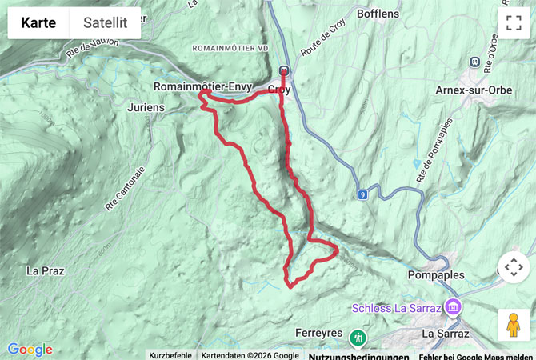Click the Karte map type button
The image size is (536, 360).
pos(38,23)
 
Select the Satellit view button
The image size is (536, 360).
pos(106,23)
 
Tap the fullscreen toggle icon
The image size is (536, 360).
pos(513,23)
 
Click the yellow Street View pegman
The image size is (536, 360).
pos(513,324)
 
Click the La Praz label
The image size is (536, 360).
pos(45,270)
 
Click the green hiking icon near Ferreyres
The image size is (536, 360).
pos(357,334)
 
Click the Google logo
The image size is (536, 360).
pos(30,349)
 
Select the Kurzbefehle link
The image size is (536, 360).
pos(170,355)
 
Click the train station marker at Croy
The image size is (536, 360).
pos(283,70)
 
